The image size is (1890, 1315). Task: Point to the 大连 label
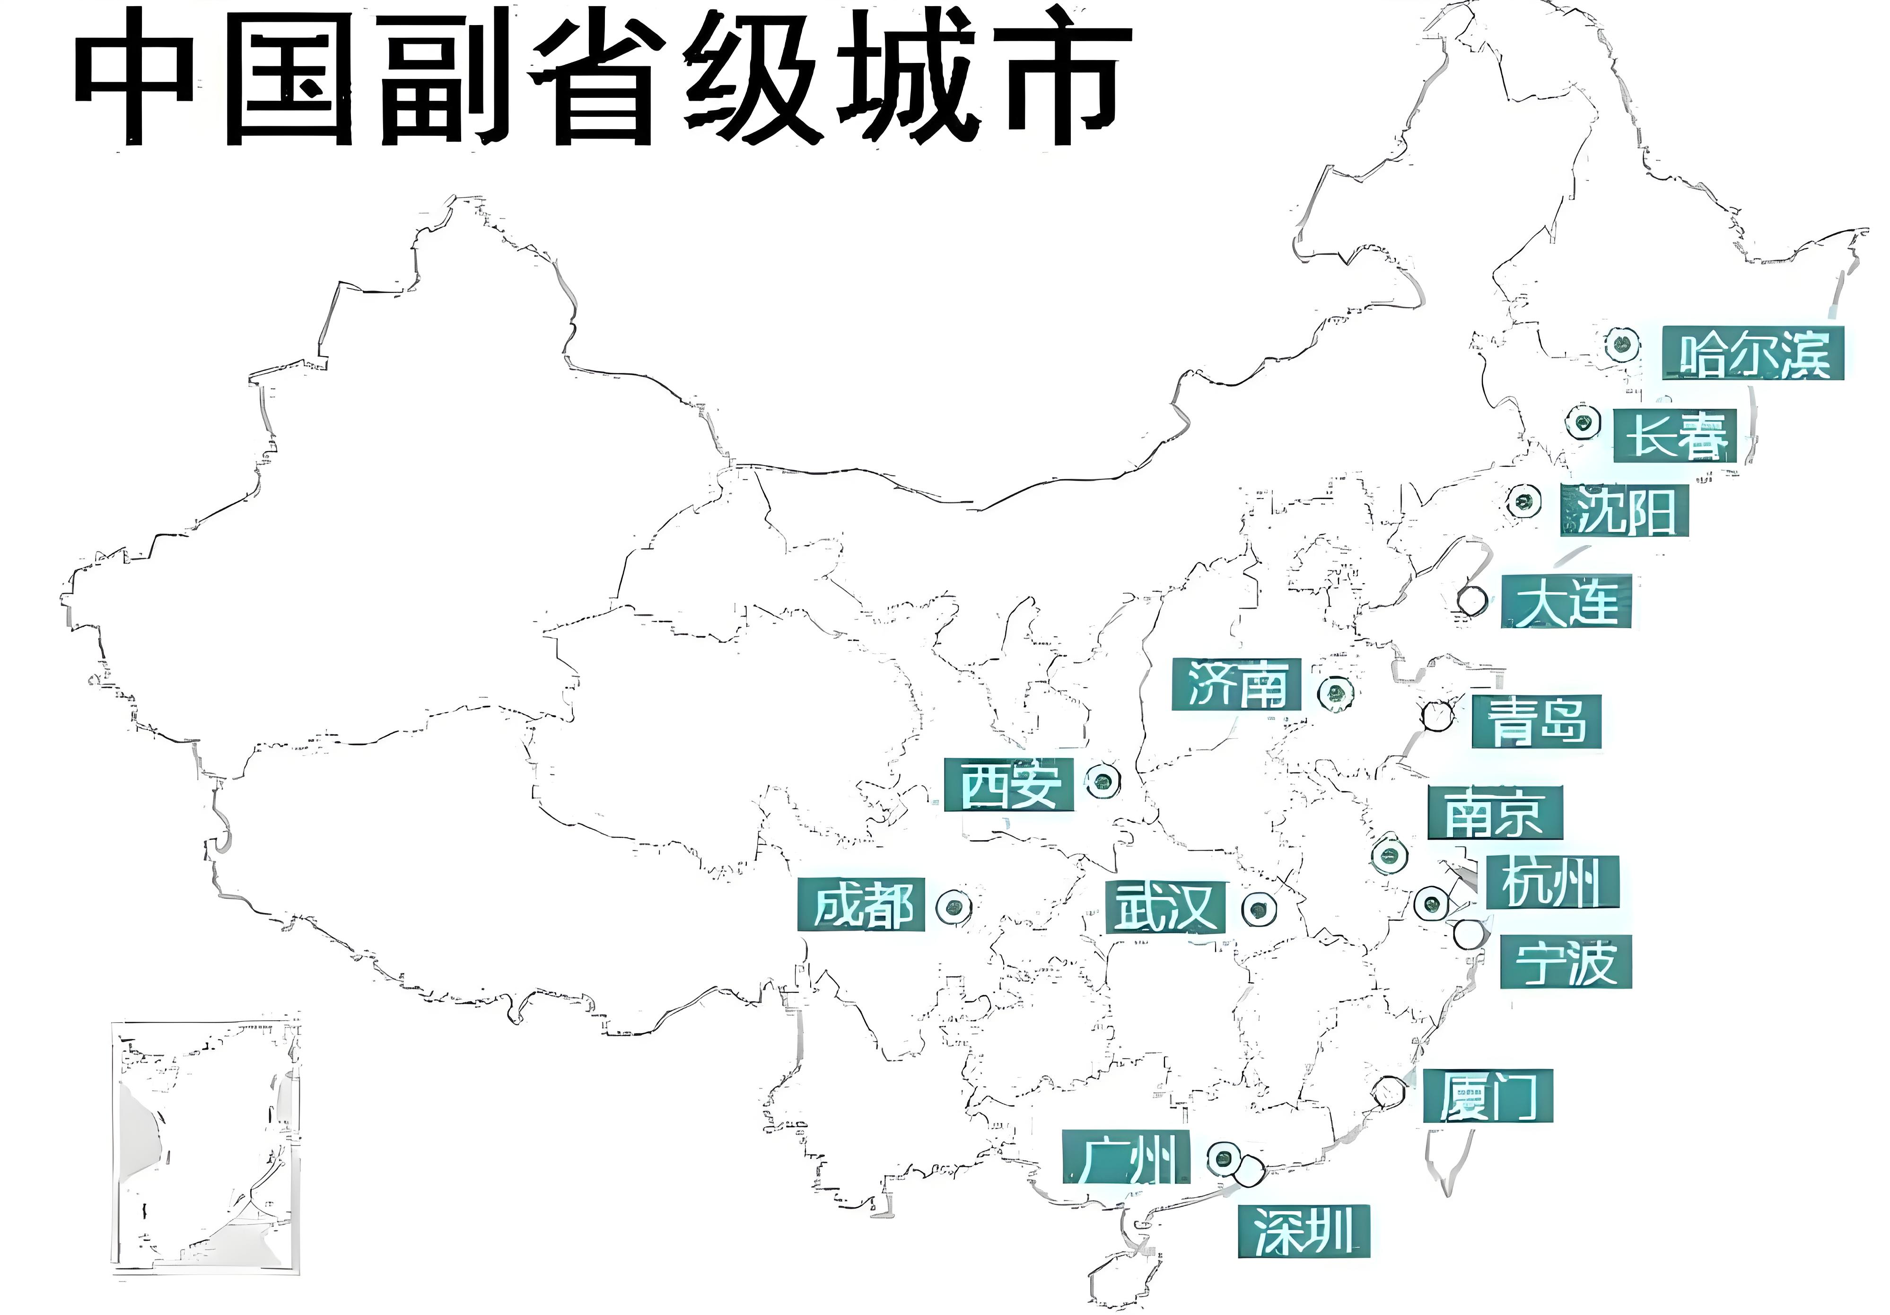click(x=1566, y=602)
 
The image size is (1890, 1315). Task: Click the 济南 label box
click(x=1236, y=684)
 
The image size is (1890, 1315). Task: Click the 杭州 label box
click(x=1552, y=883)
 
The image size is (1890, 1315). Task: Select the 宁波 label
click(x=1566, y=962)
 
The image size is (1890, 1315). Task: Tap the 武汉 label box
click(x=1165, y=907)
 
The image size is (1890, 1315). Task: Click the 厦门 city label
click(x=1487, y=1096)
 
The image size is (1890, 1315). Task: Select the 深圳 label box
click(x=1304, y=1231)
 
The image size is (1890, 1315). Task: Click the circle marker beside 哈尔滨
click(x=1622, y=344)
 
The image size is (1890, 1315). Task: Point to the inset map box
click(x=206, y=1148)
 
